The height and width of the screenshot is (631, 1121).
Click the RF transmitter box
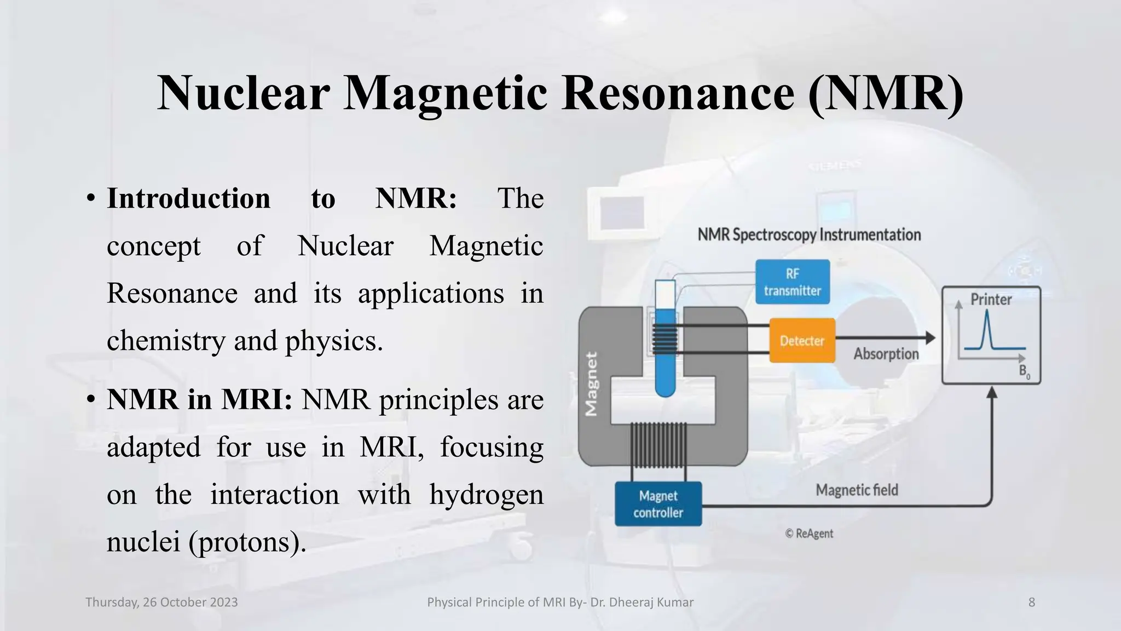pos(792,282)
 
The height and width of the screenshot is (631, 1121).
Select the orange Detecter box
pos(802,341)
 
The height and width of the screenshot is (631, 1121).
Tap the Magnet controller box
pos(658,504)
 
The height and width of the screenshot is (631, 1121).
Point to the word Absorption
pos(886,354)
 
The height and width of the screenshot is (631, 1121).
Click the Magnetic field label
pos(857,490)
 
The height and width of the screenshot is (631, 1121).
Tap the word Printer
pos(991,300)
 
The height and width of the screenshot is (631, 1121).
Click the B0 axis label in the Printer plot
pos(1024,372)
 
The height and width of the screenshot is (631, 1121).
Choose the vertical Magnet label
pos(591,383)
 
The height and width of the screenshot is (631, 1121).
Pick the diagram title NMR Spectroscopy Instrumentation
pos(809,235)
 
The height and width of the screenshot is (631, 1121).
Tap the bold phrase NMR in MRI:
pos(199,400)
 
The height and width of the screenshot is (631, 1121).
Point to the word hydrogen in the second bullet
pos(486,495)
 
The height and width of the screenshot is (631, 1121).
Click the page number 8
pos(1031,603)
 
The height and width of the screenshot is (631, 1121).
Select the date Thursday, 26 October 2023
pos(161,603)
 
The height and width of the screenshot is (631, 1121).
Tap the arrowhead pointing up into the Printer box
pos(991,392)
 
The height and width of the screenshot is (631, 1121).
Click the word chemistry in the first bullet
pos(165,341)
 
